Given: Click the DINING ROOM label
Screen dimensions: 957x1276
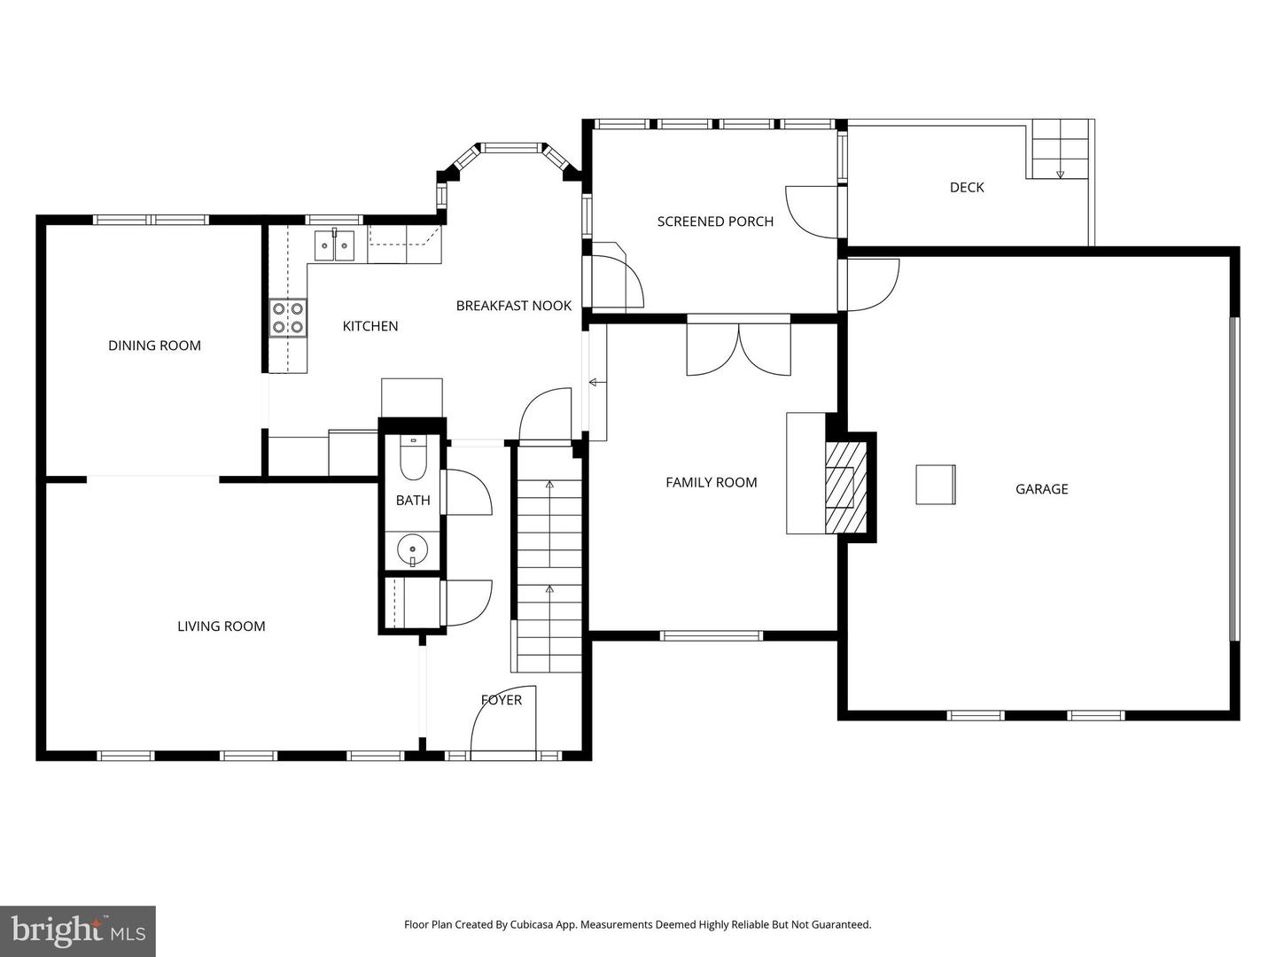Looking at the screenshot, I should (154, 346).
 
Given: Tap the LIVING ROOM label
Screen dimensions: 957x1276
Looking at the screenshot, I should (221, 626).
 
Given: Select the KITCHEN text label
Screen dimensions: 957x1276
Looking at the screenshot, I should (370, 326).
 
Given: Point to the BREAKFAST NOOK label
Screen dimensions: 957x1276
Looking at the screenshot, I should (513, 306).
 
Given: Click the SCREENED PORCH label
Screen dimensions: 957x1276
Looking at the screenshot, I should (714, 222).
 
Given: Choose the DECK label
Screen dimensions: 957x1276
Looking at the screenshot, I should (966, 187).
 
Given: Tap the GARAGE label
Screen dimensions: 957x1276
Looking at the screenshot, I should (1041, 489).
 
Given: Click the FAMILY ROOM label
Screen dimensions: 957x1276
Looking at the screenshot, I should (711, 483).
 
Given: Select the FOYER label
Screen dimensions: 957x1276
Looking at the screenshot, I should (502, 700).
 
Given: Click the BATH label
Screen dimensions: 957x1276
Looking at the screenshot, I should (413, 501).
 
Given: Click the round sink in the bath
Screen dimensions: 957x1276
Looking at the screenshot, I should (412, 549).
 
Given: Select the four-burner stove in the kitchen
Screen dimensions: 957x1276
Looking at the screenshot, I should (288, 318).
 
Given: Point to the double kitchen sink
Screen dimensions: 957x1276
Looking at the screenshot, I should (335, 245).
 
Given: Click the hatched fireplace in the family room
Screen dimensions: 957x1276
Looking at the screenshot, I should (841, 486).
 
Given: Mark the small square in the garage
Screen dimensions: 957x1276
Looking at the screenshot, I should (935, 485).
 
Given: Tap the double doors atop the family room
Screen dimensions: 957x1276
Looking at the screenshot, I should (738, 349).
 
